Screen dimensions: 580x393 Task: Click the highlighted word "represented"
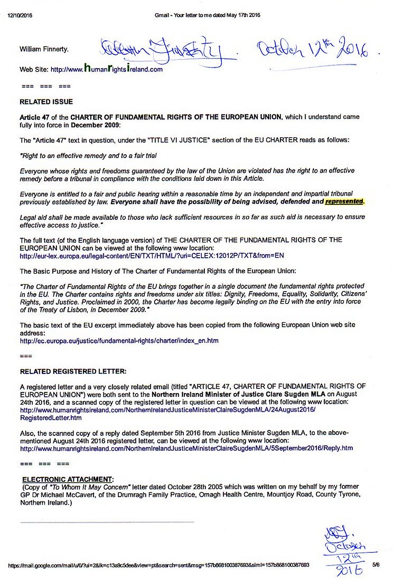(344, 201)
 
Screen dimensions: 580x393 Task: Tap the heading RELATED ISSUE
(46, 102)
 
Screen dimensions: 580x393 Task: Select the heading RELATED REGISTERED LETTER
(73, 371)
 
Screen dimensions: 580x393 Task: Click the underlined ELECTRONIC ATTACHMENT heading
(68, 479)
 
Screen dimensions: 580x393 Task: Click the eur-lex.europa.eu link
(152, 255)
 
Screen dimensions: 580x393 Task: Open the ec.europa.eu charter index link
(119, 340)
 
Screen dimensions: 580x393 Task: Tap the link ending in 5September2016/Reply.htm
(186, 448)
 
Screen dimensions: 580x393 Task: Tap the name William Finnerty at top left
(44, 49)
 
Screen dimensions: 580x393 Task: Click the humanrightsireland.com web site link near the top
(107, 69)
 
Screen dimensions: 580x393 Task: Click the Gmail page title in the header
(207, 15)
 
